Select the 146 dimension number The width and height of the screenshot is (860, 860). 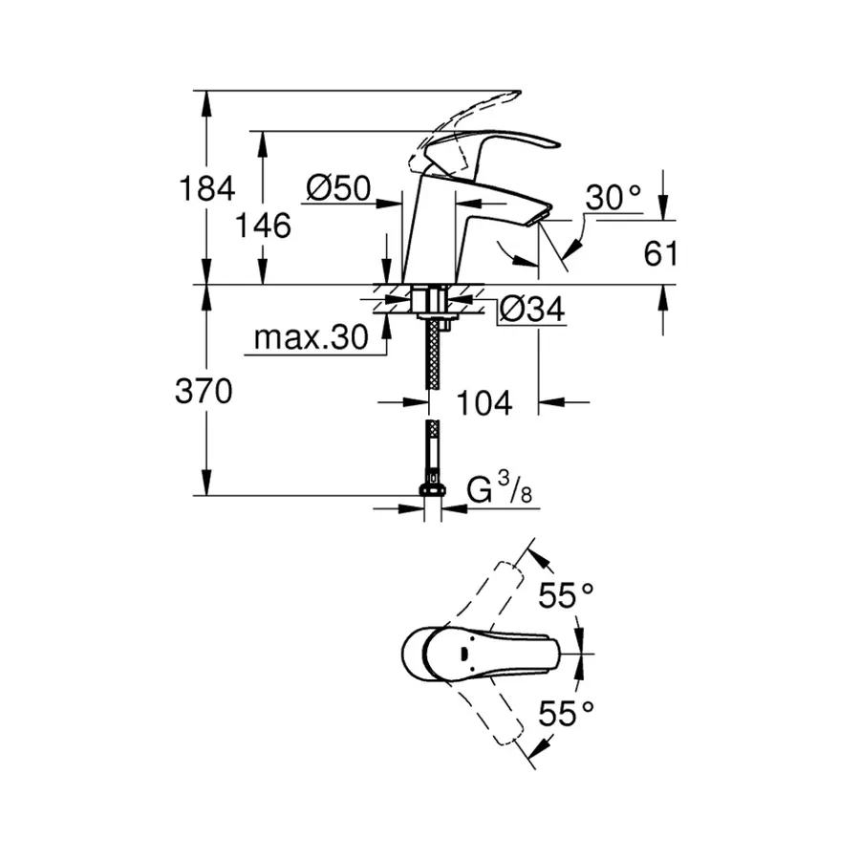coord(263,226)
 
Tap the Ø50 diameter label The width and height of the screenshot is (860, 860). coord(338,188)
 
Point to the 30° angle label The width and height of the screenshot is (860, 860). coord(613,198)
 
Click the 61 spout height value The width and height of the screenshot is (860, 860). coord(660,253)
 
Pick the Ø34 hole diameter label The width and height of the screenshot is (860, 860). coord(532,309)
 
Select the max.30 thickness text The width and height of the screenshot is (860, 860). coord(312,338)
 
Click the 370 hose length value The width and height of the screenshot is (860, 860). coord(204,391)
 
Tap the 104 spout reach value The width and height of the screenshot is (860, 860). coord(483,403)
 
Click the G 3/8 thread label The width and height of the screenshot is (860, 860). coord(499,492)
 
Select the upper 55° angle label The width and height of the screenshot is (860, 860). coord(566,596)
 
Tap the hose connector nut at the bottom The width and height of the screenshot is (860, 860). coord(433,491)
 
